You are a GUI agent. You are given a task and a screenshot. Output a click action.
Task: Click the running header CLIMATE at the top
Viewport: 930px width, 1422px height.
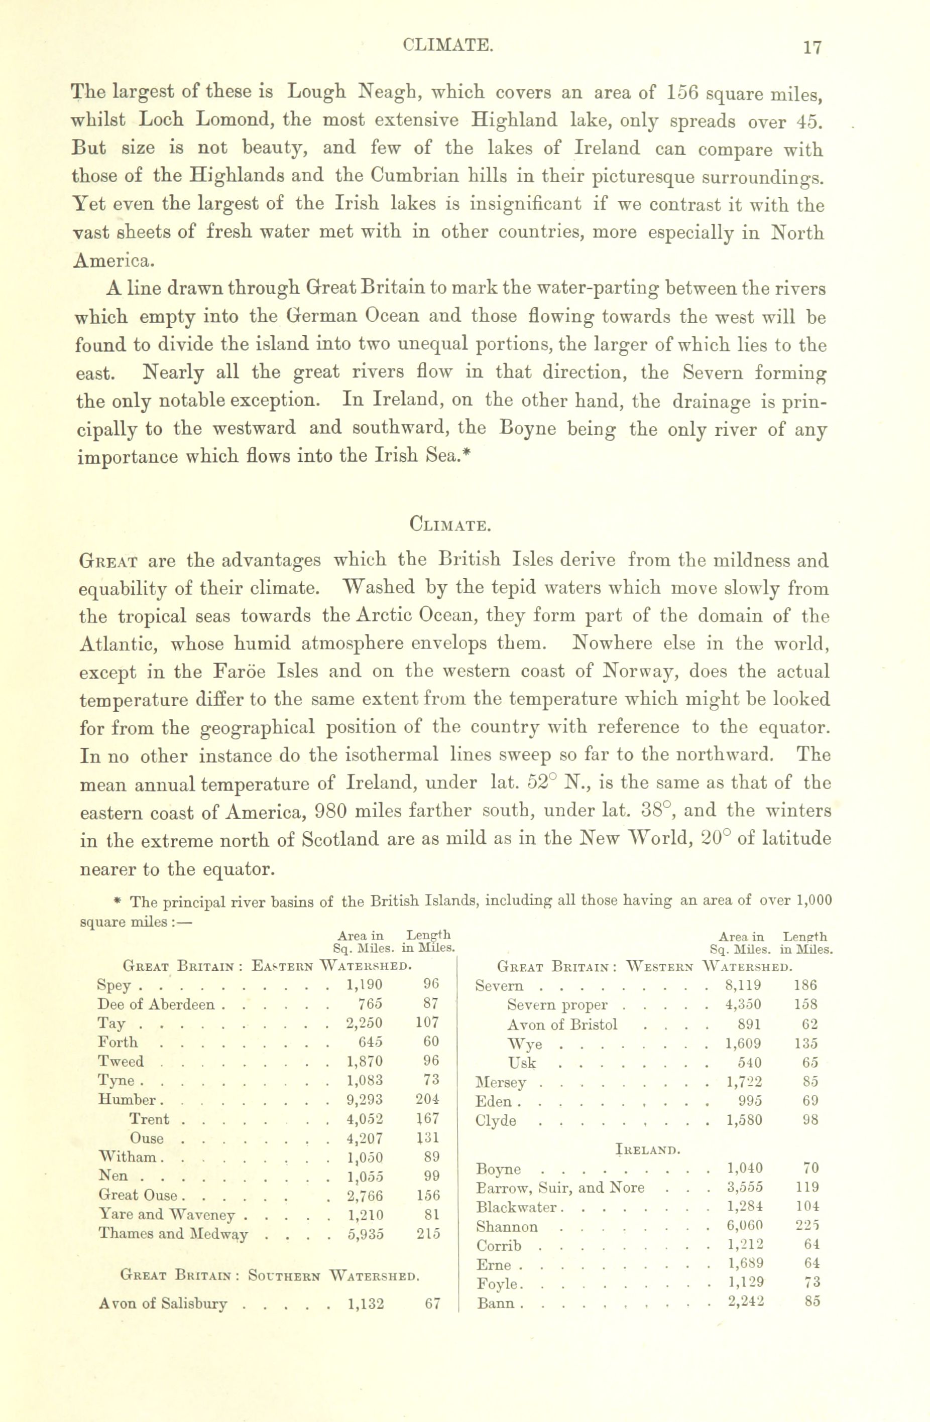447,45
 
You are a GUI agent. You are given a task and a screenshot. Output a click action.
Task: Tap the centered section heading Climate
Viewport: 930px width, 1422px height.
450,525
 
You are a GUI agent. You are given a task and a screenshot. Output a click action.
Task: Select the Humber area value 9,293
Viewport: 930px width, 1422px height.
365,1099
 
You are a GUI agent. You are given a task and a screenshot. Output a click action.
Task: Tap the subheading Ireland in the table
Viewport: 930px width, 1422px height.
648,1149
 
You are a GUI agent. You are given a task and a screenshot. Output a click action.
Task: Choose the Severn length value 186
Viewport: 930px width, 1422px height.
805,985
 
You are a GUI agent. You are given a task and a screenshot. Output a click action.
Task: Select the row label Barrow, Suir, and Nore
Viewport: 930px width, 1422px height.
560,1187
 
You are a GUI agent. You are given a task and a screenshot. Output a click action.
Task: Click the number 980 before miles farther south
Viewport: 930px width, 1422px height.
327,811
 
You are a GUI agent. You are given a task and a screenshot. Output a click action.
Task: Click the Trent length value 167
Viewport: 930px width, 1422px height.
427,1118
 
